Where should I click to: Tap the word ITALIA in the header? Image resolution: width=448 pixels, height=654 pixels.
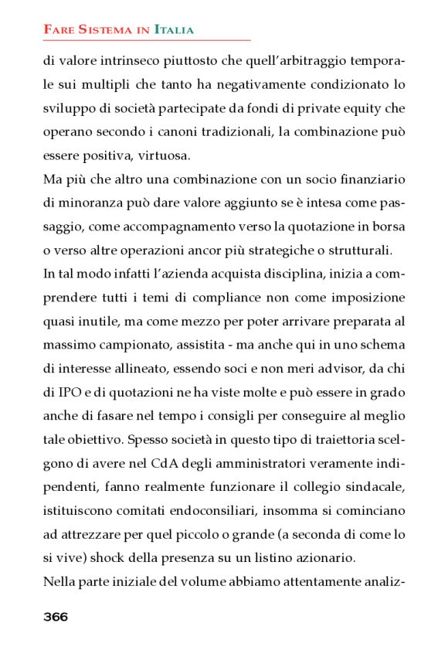point(174,30)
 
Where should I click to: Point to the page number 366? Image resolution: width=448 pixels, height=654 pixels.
point(56,616)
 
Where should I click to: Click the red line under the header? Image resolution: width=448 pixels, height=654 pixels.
point(147,39)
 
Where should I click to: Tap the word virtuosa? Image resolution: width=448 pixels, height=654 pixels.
point(162,155)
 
